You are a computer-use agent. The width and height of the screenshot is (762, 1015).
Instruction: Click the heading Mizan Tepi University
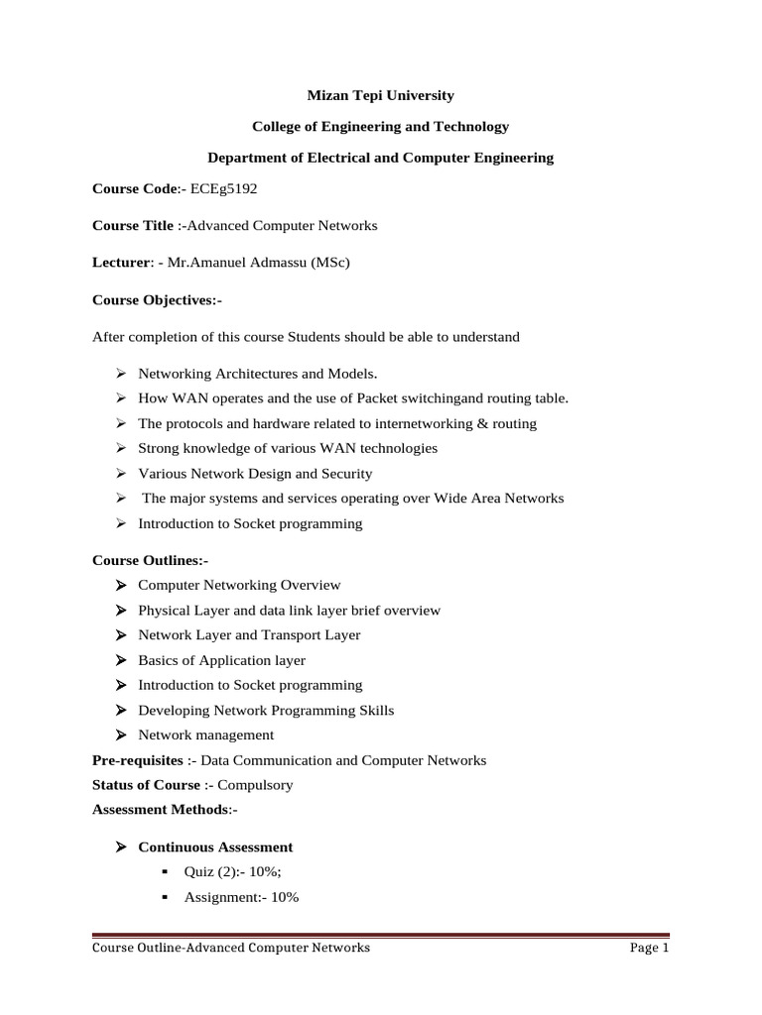tap(380, 95)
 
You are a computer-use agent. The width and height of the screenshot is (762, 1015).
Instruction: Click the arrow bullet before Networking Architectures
tap(119, 374)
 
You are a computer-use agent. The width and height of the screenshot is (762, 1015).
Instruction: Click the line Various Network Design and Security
tap(255, 474)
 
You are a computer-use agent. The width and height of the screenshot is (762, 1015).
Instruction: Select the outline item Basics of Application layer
tap(221, 660)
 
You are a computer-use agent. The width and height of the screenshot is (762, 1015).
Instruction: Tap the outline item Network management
tap(205, 735)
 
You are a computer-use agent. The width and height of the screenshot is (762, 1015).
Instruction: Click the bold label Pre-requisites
tap(138, 760)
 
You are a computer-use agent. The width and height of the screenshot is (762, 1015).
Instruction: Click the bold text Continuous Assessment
tap(215, 847)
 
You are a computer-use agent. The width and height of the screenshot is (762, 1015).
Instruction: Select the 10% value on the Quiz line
tap(261, 872)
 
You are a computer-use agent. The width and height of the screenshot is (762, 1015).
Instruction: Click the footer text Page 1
tap(650, 948)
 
